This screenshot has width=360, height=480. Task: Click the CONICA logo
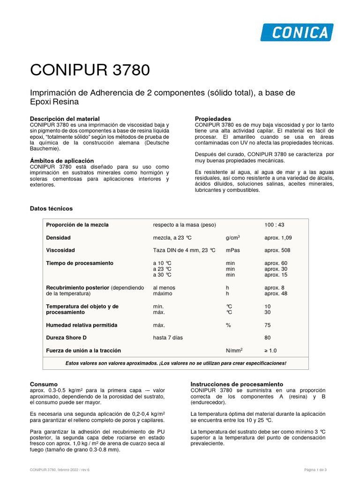297,32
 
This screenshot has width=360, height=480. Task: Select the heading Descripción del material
65,119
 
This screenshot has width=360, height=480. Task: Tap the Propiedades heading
213,119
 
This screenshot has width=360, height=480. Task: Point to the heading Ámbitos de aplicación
62,160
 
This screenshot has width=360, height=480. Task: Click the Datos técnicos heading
52,208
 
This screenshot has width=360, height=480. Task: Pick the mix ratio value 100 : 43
275,225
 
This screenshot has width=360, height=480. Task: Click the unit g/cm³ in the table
233,238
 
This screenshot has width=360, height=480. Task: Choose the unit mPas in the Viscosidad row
233,250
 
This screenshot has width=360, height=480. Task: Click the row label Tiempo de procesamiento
80,263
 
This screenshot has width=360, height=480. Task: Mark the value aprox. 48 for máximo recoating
276,293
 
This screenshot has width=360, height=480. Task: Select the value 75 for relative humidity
268,325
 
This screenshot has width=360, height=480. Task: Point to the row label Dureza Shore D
66,337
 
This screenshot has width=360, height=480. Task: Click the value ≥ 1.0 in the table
271,350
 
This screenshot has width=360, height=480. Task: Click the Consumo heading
44,384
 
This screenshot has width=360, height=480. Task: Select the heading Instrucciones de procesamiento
237,384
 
